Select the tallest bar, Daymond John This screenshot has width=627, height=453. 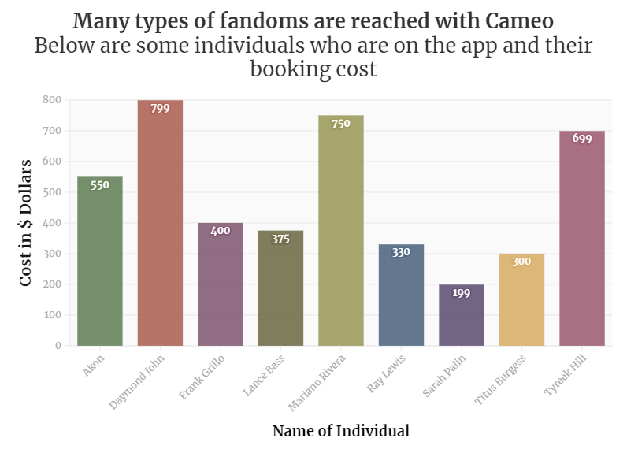pos(160,228)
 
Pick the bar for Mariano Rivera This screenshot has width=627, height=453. pos(341,236)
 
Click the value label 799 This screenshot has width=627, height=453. pos(160,109)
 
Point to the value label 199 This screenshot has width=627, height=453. pos(462,293)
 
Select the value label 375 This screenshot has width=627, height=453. pos(280,239)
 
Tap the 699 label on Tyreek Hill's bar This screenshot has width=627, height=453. pos(582,139)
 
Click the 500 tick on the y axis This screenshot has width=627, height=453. pos(52,192)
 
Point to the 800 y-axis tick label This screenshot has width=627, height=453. pos(52,100)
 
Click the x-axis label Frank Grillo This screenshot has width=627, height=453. pos(202,378)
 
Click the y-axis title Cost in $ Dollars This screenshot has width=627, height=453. pos(26,222)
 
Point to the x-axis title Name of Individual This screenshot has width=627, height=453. pos(340,431)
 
